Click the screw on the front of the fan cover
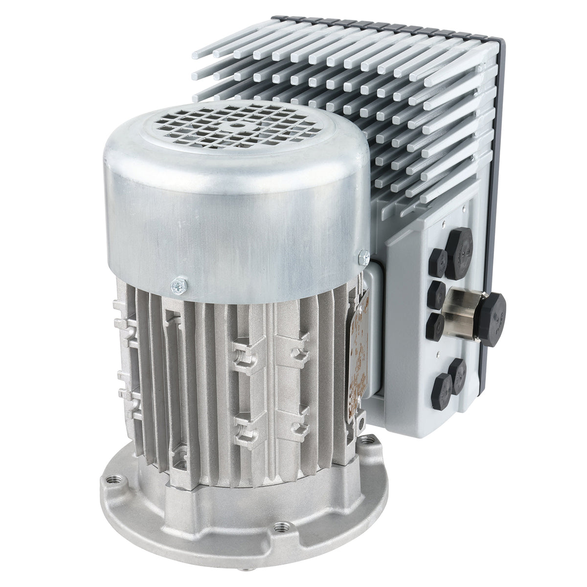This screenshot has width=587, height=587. pos(177,285)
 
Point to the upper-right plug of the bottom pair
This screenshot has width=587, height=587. pos(460,374)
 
